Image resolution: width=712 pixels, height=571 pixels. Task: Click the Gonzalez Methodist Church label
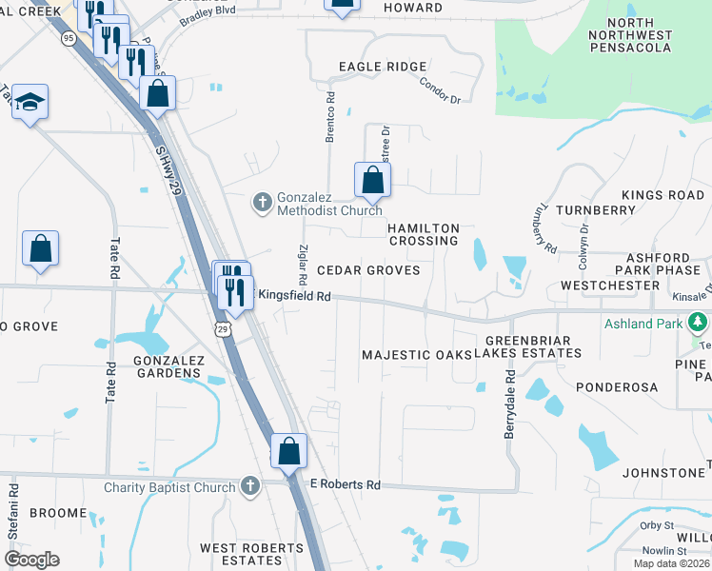pos(328,203)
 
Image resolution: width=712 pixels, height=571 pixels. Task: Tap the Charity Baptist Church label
pos(169,488)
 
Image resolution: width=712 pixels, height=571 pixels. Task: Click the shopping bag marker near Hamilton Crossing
pos(372,179)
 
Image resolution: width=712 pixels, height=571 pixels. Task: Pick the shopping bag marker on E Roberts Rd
pos(288,452)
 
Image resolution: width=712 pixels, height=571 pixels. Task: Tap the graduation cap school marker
pos(30,103)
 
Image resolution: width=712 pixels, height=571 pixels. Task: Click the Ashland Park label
pos(643,324)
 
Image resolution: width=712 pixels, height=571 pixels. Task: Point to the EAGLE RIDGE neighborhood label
pos(381,67)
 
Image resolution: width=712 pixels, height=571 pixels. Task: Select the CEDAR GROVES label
pos(368,270)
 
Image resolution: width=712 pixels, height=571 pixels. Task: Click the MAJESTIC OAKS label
pos(417,355)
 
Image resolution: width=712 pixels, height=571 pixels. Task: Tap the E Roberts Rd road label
pos(346,484)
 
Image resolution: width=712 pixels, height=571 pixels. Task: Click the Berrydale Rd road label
pos(509,404)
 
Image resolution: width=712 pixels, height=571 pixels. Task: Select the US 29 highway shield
pos(222,328)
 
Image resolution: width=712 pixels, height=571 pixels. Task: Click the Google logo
pos(31,560)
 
